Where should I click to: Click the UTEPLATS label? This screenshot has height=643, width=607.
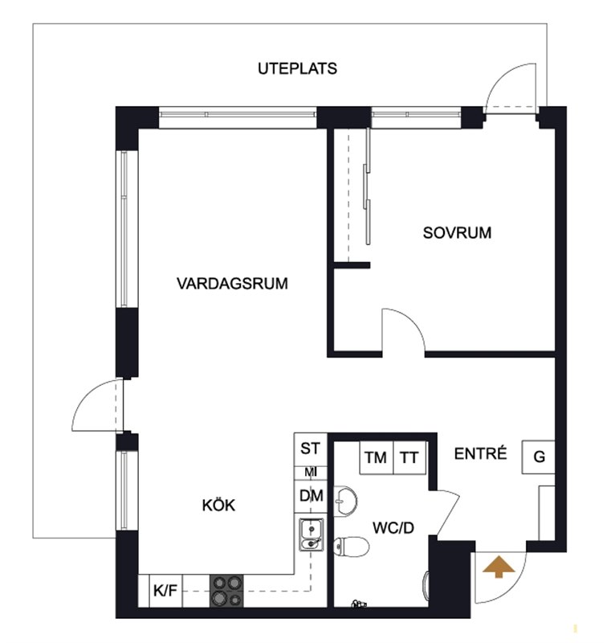pyautogui.click(x=297, y=68)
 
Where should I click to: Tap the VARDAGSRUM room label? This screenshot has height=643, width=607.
pyautogui.click(x=232, y=284)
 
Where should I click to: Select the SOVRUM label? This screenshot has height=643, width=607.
pyautogui.click(x=457, y=233)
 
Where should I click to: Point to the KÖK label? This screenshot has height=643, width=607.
pyautogui.click(x=218, y=506)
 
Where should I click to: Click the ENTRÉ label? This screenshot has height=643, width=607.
pyautogui.click(x=480, y=453)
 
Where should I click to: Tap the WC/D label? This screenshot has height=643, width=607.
pyautogui.click(x=393, y=528)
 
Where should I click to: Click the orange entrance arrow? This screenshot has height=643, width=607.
pyautogui.click(x=499, y=567)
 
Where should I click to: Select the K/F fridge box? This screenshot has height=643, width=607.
pyautogui.click(x=165, y=591)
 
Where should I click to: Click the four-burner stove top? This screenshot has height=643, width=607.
pyautogui.click(x=226, y=591)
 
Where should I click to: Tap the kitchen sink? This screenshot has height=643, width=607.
pyautogui.click(x=312, y=534)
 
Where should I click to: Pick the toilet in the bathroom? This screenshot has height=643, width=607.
pyautogui.click(x=351, y=547)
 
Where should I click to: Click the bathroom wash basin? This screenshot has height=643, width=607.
pyautogui.click(x=345, y=501)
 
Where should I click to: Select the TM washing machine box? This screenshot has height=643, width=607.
pyautogui.click(x=376, y=457)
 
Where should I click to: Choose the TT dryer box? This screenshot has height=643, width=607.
pyautogui.click(x=409, y=457)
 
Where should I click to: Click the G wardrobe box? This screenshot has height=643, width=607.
pyautogui.click(x=539, y=457)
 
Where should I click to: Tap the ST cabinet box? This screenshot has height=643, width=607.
pyautogui.click(x=311, y=449)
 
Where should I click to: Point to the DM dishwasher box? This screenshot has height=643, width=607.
pyautogui.click(x=311, y=496)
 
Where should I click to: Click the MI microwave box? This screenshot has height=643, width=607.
pyautogui.click(x=311, y=473)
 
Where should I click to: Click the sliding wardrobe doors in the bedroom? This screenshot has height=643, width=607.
pyautogui.click(x=368, y=186)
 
